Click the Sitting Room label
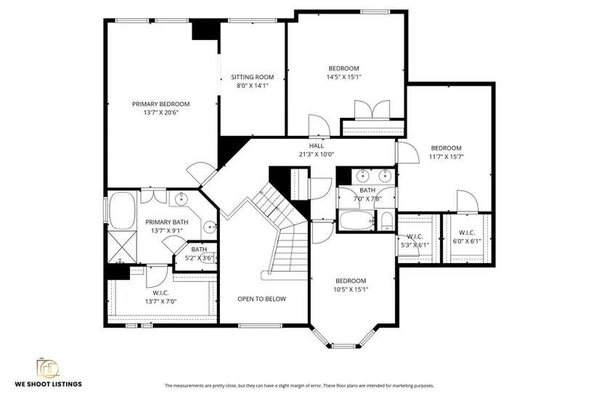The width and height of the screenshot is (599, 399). coord(252,77)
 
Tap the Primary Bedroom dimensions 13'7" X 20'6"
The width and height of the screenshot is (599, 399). coord(161,113)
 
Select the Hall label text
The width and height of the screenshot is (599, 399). coord(317,146)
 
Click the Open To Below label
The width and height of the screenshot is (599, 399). coord(261,299)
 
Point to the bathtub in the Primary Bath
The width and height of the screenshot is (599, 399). coord(123,211)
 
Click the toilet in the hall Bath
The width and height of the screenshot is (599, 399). coord(387,222)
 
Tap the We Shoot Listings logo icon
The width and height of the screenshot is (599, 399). coord(48,368)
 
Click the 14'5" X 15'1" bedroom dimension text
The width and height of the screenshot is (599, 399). coord(344,77)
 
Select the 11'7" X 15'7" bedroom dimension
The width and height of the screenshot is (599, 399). coord(447,156)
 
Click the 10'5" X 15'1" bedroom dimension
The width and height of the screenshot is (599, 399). coord(351,289)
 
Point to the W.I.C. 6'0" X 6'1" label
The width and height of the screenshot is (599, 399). coord(467,237)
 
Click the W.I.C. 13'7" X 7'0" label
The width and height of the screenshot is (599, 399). coord(161,297)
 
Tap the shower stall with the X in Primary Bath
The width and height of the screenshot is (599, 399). coord(122,247)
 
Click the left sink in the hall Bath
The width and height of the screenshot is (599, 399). coord(362,176)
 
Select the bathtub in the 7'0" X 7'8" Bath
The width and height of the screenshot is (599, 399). coord(356,221)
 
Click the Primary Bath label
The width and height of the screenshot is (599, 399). coord(167,222)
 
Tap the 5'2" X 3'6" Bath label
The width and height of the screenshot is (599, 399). coord(199,254)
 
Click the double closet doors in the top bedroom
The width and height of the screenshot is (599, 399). coord(372,110)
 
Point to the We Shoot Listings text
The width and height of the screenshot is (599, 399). coord(49,384)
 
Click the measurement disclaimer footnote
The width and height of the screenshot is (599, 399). coord(299,386)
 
